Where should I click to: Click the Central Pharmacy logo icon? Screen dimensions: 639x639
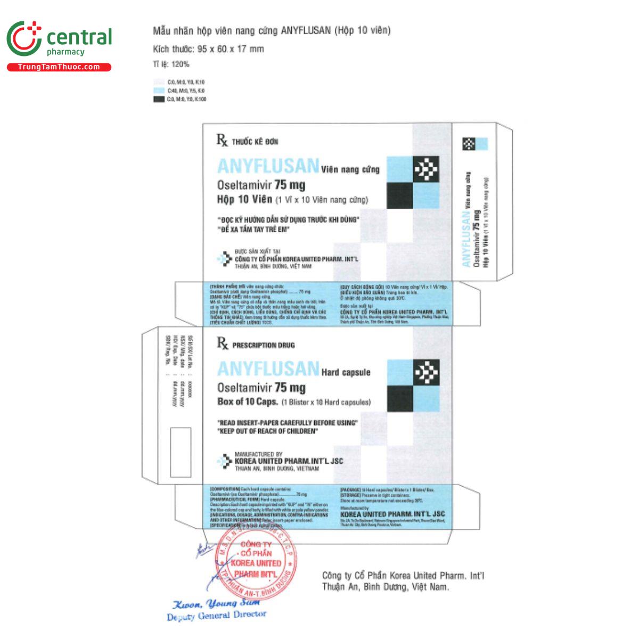point(24,38)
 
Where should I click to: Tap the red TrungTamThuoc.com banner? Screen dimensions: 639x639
point(59,67)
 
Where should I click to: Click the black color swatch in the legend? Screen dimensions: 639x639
point(159,99)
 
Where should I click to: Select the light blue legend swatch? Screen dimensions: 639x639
point(159,91)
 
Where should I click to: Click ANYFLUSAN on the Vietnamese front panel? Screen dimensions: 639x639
point(268,166)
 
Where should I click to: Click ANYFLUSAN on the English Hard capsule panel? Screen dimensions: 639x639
point(268,369)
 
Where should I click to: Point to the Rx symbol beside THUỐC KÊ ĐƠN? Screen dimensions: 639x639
point(222,141)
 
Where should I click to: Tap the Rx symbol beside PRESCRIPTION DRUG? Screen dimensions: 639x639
point(222,344)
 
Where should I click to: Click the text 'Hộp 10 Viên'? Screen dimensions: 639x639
point(244,200)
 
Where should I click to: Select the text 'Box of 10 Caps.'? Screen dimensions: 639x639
point(248,402)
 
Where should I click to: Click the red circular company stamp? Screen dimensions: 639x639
point(256,559)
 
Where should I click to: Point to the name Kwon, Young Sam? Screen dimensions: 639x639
point(216,603)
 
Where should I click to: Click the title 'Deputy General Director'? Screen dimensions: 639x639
point(216,615)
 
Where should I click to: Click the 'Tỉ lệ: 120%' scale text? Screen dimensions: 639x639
point(171,64)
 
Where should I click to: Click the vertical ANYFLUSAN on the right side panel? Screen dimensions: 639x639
point(466,237)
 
